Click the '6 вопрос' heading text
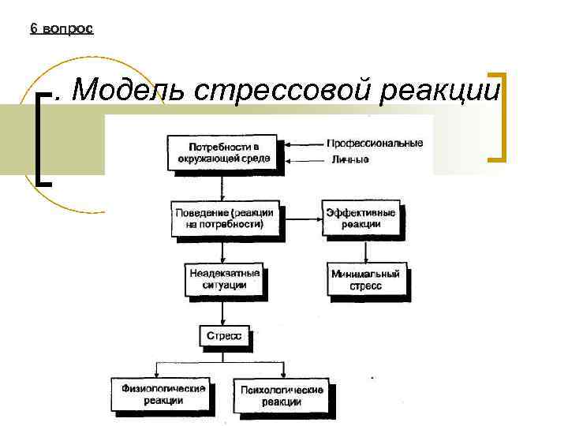(x=62, y=28)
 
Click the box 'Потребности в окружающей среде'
(x=223, y=152)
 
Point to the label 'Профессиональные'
(x=375, y=144)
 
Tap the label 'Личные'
(x=348, y=161)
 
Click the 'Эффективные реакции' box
(x=361, y=218)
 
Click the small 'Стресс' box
(x=223, y=336)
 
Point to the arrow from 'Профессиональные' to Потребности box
(x=303, y=144)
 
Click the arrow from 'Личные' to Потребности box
(x=303, y=161)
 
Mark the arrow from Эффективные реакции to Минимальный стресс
(x=362, y=248)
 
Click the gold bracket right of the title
(x=497, y=118)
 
